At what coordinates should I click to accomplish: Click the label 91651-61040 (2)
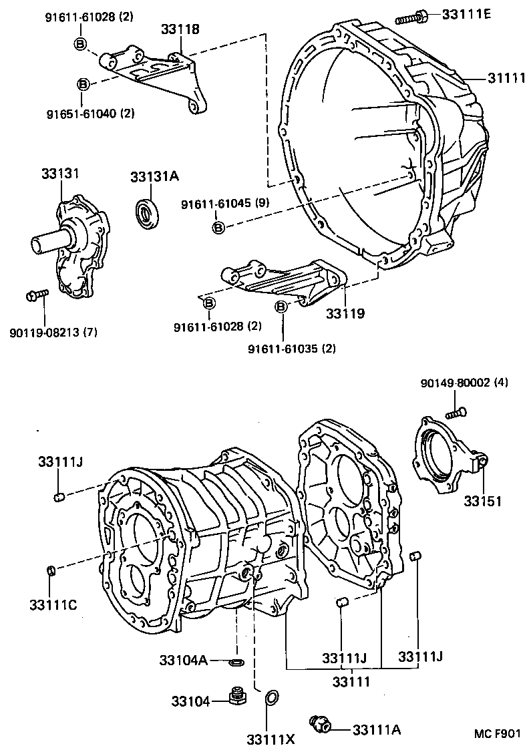tap(100, 114)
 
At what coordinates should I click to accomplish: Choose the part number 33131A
tap(154, 177)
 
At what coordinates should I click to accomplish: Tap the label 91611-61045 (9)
tap(224, 204)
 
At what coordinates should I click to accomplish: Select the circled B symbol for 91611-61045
tap(218, 228)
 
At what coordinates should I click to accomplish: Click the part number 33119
tap(345, 313)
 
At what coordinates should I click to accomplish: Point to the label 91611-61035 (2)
tap(292, 349)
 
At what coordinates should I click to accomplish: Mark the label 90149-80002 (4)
tap(464, 383)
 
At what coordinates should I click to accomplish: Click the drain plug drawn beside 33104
tap(234, 697)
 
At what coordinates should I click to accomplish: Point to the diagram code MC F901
tap(498, 733)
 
